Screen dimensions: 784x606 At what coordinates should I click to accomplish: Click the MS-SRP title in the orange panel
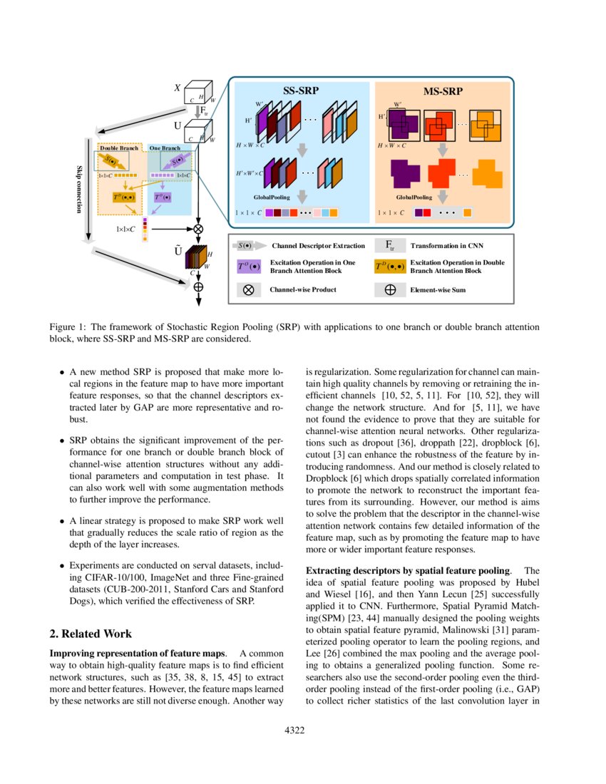[x=442, y=91]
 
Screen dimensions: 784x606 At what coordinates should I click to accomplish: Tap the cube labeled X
[x=195, y=96]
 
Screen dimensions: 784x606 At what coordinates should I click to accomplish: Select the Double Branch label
[x=119, y=148]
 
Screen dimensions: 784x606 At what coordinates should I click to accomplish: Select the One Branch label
[x=165, y=148]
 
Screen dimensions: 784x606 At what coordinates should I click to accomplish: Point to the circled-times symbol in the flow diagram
[x=198, y=229]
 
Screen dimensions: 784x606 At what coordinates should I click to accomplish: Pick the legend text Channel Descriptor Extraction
[x=319, y=246]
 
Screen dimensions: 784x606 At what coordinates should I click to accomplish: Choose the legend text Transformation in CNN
[x=446, y=246]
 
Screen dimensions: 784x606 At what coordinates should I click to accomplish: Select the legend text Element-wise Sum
[x=438, y=290]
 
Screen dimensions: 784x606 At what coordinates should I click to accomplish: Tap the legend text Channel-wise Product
[x=303, y=290]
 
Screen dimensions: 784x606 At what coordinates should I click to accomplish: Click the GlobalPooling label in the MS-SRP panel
[x=414, y=197]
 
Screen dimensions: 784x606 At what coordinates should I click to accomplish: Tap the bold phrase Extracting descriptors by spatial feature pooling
[x=407, y=571]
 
